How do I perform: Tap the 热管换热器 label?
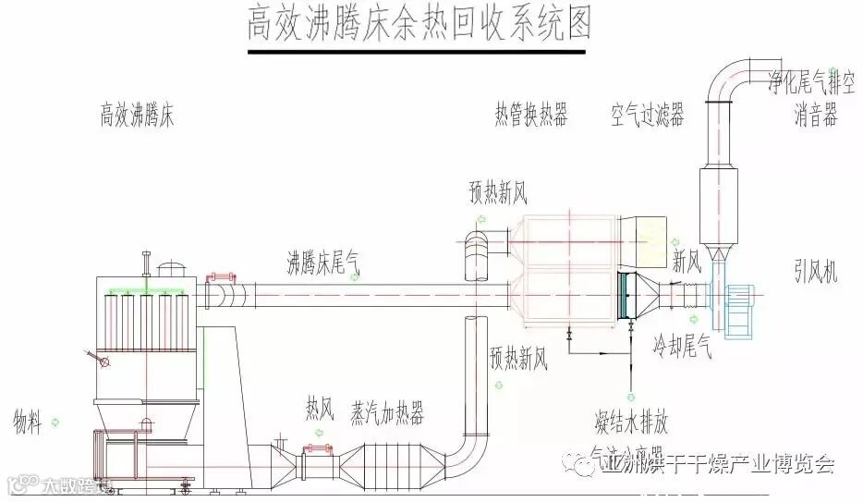(x=530, y=116)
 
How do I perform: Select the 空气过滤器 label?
(x=647, y=116)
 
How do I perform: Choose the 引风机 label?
(x=815, y=270)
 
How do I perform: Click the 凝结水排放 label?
(x=631, y=422)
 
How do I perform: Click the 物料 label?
(x=28, y=422)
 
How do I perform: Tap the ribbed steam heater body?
(x=398, y=460)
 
